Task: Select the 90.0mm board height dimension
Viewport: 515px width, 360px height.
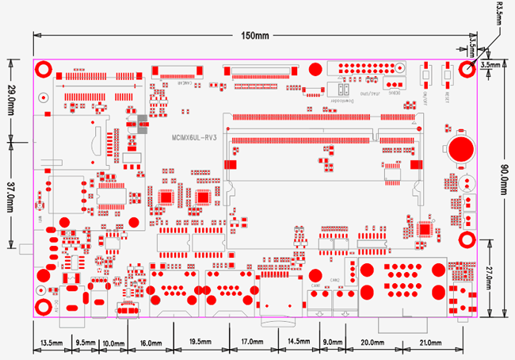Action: (505, 182)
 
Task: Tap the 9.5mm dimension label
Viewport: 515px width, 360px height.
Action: (85, 343)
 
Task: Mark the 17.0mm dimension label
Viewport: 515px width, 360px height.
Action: (252, 343)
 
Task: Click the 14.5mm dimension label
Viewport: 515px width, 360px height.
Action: (299, 343)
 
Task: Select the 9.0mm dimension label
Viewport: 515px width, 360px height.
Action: (334, 343)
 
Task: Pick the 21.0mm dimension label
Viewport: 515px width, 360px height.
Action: (430, 343)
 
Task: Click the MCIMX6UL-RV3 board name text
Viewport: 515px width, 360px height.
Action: (193, 137)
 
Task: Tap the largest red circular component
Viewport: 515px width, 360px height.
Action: (460, 148)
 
